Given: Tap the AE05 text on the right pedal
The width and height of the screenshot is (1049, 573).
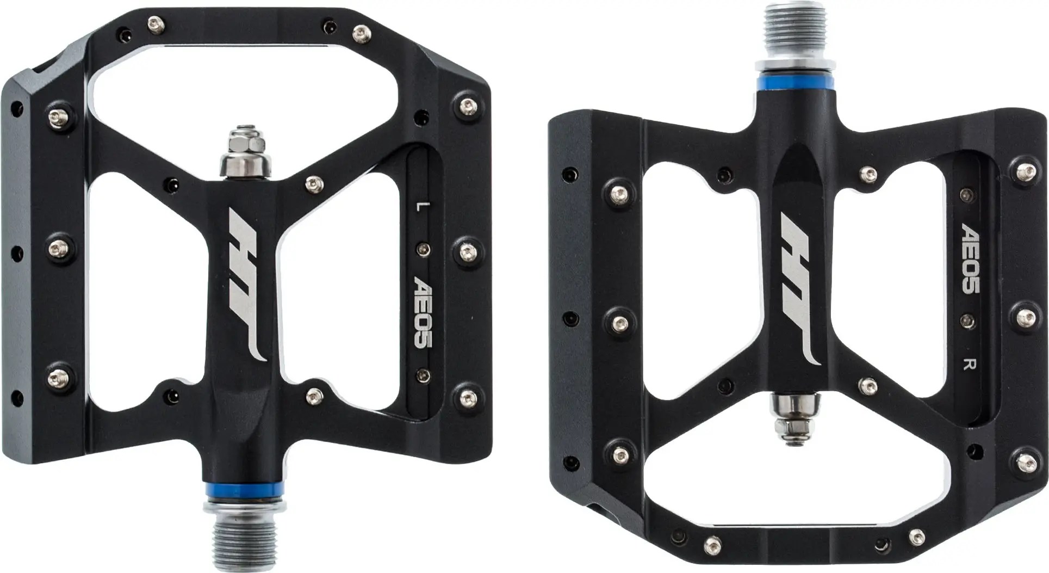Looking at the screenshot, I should coord(972,257).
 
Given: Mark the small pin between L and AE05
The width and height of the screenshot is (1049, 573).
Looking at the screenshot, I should coord(421,249).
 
